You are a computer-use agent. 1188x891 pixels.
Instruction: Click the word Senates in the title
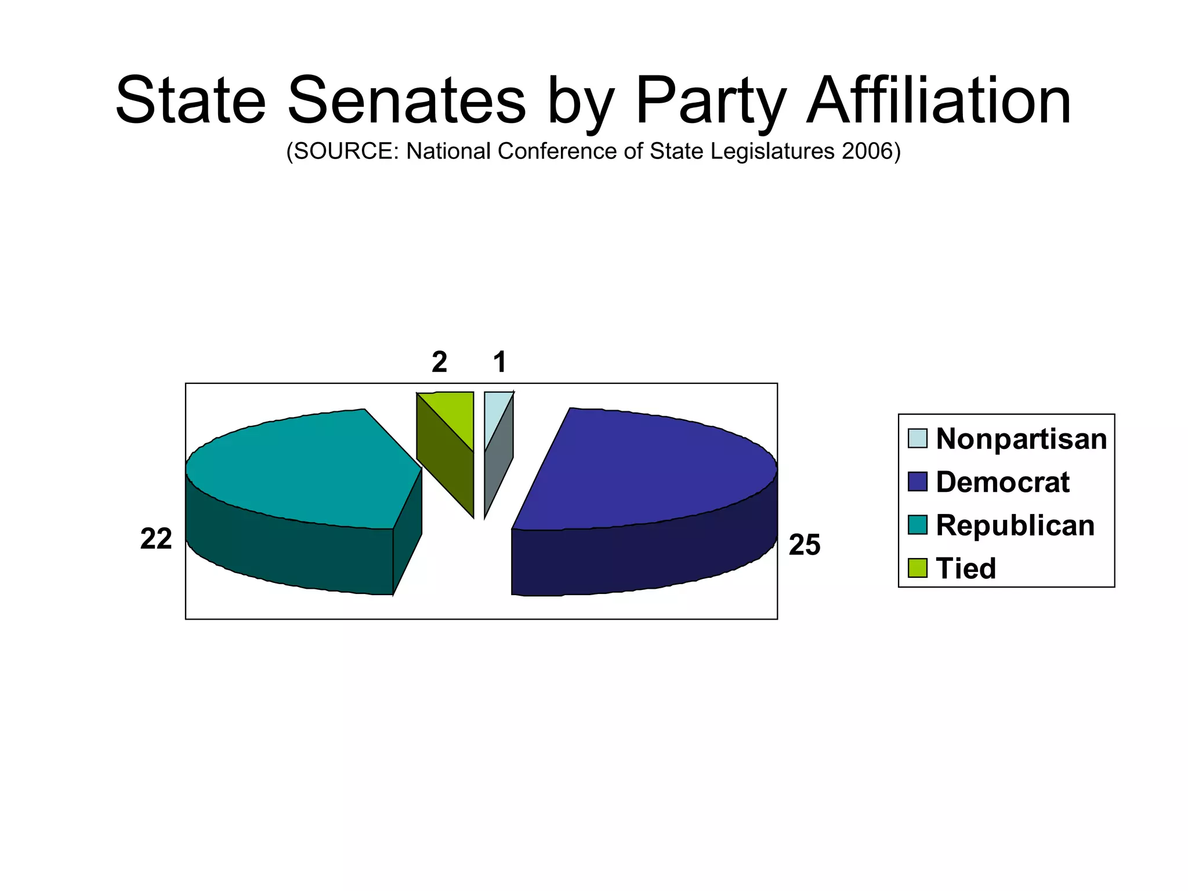click(406, 101)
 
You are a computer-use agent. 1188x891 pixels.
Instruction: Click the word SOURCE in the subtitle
click(345, 151)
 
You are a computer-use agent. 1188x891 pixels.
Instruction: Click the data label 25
click(804, 545)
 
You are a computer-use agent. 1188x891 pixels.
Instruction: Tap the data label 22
click(155, 539)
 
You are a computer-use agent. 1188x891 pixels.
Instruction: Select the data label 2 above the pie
click(439, 362)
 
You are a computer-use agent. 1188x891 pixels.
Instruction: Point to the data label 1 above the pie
click(499, 362)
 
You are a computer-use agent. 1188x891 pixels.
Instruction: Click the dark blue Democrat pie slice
click(650, 470)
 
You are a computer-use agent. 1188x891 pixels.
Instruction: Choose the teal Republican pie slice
click(302, 470)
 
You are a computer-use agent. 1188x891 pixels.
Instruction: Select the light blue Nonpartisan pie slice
click(495, 412)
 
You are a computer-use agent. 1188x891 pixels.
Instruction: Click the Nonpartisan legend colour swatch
click(917, 439)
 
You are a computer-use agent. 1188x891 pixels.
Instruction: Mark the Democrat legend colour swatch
click(917, 481)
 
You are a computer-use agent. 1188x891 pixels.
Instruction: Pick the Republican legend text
click(1015, 525)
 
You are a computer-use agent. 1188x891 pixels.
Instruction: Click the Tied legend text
click(966, 568)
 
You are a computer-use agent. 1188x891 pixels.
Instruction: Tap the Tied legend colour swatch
click(917, 568)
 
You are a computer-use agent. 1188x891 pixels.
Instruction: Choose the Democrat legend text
click(1002, 482)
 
